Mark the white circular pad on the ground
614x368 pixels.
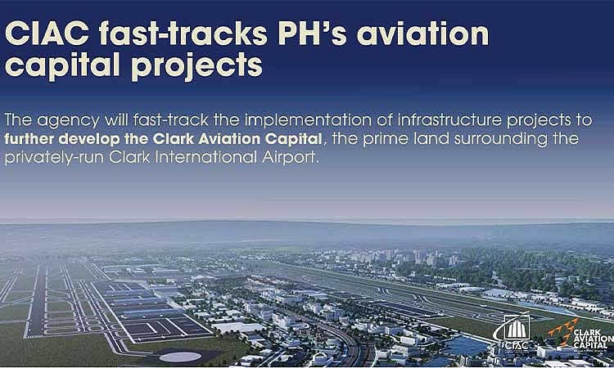click(179, 356)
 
